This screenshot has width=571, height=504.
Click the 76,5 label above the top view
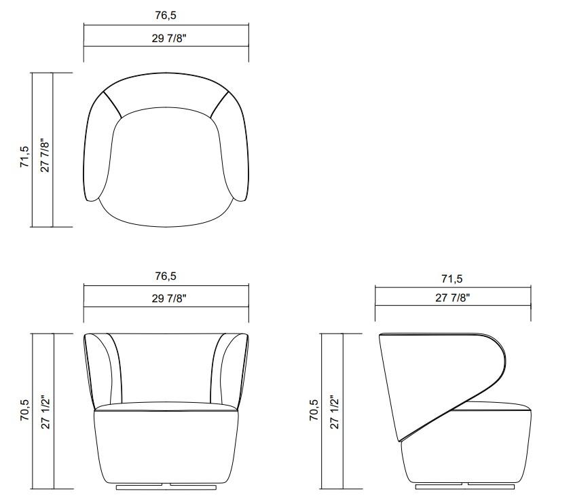[166, 15]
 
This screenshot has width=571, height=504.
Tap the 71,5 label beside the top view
[25, 156]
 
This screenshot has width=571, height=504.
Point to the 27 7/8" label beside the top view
[45, 156]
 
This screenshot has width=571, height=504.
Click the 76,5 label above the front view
[166, 276]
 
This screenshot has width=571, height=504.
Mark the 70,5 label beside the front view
[25, 411]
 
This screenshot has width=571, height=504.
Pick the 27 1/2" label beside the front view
[45, 411]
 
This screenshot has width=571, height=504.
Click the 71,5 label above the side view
[452, 278]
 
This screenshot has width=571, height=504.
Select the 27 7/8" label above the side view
[452, 298]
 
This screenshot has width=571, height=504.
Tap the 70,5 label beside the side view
[314, 411]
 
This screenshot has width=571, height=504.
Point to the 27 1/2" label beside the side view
[333, 411]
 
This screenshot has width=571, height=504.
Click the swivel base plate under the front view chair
[166, 486]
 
